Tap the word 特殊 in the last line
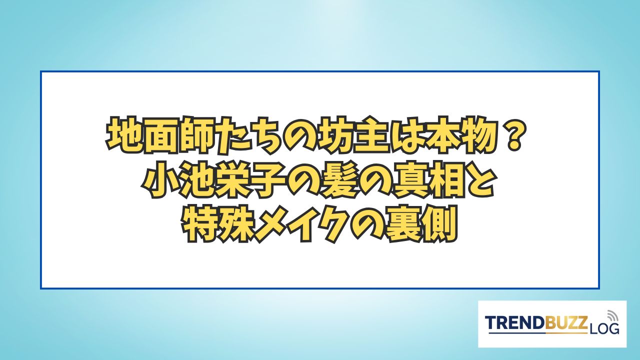point(217,225)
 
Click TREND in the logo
point(515,322)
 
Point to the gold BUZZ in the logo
point(566,322)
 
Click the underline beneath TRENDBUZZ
point(537,333)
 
